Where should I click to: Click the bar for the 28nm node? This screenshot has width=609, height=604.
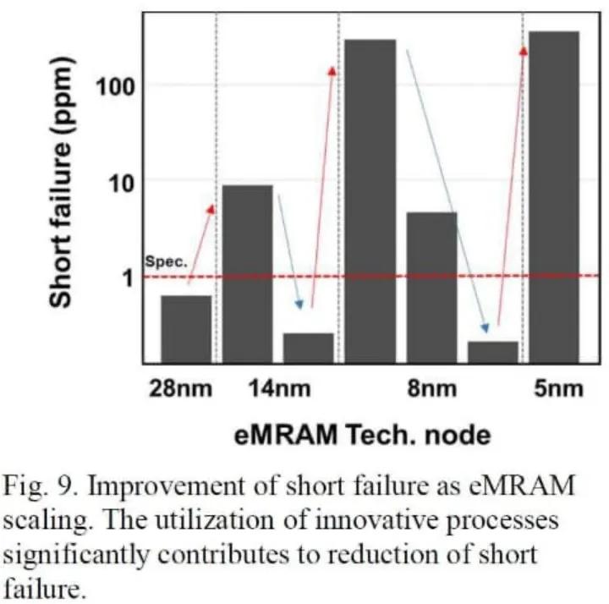tap(186, 329)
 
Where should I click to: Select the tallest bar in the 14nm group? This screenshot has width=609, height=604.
tap(247, 274)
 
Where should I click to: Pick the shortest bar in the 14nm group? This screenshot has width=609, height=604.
tap(309, 348)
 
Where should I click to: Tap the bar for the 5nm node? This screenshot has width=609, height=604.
tap(554, 197)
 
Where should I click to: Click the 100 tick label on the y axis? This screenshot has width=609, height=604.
tap(115, 87)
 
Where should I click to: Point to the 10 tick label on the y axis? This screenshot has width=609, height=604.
tap(121, 184)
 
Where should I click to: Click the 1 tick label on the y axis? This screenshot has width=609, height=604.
tap(128, 278)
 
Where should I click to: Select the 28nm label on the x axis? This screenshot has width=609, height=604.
tap(181, 388)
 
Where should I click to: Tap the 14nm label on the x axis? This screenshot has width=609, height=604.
tap(280, 388)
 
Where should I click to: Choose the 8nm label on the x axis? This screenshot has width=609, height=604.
tap(432, 388)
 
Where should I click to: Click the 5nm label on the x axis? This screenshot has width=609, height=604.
tap(558, 388)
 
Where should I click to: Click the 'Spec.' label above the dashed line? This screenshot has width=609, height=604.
tap(167, 261)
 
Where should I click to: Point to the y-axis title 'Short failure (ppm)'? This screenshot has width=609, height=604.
tap(61, 182)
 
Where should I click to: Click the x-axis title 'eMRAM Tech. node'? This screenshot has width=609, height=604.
tap(362, 435)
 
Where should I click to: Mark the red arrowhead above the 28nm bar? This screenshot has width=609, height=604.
tap(211, 209)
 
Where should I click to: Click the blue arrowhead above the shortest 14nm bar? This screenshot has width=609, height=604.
tap(299, 305)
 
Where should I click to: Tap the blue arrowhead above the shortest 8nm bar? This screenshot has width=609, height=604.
tap(486, 328)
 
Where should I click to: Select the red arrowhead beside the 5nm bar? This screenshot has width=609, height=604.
tap(524, 51)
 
